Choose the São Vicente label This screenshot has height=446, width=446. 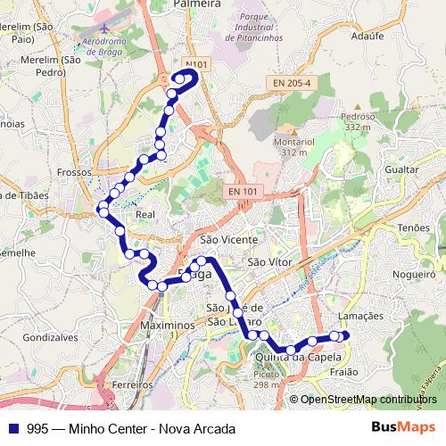229,240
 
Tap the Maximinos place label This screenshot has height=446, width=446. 167,326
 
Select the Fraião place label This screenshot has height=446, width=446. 343,372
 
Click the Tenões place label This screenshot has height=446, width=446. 414,228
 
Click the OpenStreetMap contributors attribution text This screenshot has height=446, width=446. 368,400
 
